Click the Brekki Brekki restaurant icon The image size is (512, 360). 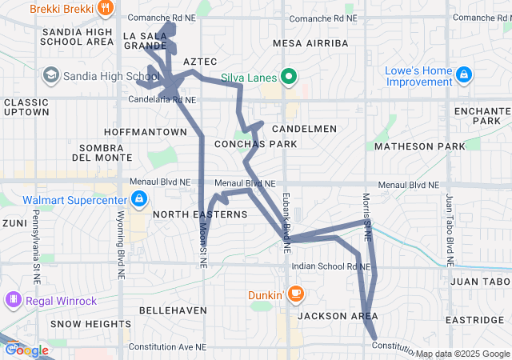coord(106,7)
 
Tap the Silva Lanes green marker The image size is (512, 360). coord(289,78)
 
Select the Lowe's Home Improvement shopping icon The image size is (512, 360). coord(464,75)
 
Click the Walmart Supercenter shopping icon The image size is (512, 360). coord(139,198)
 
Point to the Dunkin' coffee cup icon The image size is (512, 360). coord(296,294)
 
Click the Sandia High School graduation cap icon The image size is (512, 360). coord(51,75)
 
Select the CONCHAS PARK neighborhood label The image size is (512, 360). coord(255,144)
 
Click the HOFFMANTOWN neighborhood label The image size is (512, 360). coord(145,131)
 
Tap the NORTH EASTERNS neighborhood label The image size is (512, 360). coord(200,214)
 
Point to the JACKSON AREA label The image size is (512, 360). coord(337,317)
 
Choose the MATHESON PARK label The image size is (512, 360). coord(419,146)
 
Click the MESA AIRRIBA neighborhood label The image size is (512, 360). coord(310,42)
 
